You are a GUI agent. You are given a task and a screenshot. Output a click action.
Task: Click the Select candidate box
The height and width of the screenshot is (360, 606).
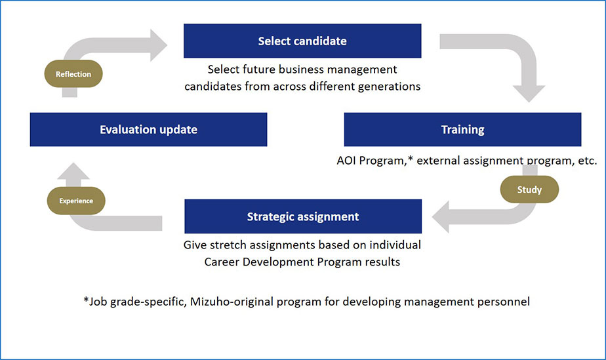tap(302, 41)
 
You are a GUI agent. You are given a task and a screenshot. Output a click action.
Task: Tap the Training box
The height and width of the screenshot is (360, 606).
tap(462, 129)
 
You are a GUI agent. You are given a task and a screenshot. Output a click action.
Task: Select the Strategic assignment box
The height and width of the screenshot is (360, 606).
tap(303, 216)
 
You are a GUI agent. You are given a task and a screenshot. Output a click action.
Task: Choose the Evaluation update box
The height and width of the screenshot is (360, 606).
tap(148, 129)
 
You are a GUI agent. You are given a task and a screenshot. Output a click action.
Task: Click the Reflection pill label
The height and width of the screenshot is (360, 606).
tap(73, 74)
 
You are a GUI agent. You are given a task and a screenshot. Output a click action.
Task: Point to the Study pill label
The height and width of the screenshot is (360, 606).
tap(529, 190)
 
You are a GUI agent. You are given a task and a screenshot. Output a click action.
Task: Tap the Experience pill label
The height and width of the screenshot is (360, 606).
tap(76, 201)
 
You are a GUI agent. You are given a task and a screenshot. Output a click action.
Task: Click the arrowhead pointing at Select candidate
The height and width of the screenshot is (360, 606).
tap(159, 45)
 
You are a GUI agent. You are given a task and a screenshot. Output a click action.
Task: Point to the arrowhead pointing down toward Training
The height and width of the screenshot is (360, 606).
tap(529, 94)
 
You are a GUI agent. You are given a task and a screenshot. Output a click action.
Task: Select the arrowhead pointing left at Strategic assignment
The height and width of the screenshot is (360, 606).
tap(441, 216)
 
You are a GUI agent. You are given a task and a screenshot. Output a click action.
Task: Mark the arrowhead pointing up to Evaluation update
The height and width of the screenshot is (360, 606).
tap(73, 170)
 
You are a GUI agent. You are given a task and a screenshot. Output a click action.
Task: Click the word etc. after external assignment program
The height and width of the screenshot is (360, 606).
tap(588, 161)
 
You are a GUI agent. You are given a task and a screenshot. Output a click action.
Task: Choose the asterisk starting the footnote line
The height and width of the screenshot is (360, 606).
tap(86, 300)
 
